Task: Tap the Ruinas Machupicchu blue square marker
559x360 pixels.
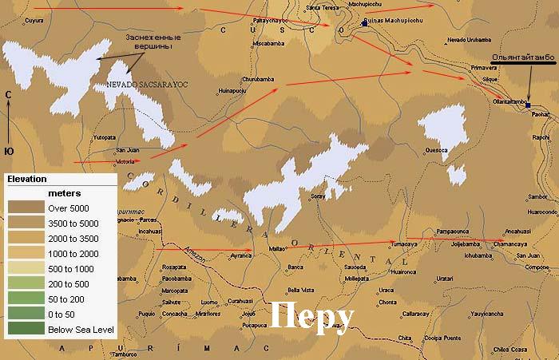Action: tap(365, 24)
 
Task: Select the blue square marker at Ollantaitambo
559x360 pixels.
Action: tap(528, 105)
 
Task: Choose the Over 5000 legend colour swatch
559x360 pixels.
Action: tap(24, 208)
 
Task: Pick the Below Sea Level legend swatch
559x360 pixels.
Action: tap(24, 328)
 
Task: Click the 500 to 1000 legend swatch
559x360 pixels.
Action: tap(24, 268)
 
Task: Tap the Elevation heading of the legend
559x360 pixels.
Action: tap(27, 179)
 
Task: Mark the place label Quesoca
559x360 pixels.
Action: tap(437, 149)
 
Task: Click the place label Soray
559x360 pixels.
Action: tap(318, 196)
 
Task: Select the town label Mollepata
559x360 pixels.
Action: tap(357, 279)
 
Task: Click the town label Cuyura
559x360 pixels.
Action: tap(34, 21)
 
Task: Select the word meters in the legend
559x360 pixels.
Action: tap(65, 193)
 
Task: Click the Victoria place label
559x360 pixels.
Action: tap(125, 162)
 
